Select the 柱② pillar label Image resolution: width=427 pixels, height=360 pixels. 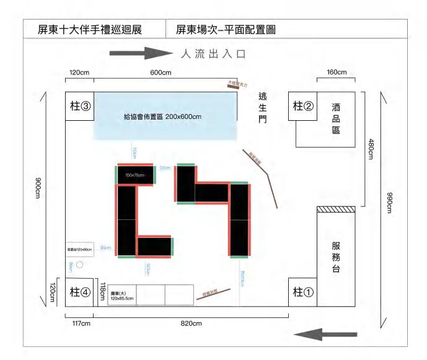(303, 105)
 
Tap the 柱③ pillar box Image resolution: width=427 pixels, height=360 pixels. (80, 106)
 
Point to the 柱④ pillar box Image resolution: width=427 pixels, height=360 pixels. (80, 291)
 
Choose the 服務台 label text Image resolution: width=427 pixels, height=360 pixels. (335, 257)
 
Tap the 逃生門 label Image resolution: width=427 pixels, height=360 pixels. (263, 107)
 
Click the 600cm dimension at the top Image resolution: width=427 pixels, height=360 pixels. (161, 72)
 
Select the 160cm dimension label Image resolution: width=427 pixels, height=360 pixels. (337, 72)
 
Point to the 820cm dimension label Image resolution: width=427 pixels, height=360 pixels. (191, 323)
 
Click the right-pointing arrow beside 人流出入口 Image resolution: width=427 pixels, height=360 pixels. (140, 53)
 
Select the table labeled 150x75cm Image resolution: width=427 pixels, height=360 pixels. (134, 175)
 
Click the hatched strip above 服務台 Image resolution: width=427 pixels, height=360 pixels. (335, 210)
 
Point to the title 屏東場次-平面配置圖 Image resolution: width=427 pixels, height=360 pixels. (226, 29)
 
